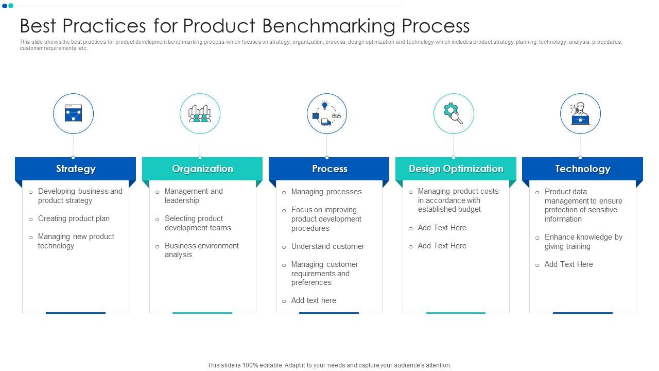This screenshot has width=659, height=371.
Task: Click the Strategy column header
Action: pyautogui.click(x=76, y=168)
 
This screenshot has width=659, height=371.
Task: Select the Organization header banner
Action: pyautogui.click(x=202, y=168)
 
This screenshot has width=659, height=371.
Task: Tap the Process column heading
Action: pyautogui.click(x=329, y=168)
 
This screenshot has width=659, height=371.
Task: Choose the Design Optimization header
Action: pyautogui.click(x=456, y=168)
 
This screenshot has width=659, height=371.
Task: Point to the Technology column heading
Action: pyautogui.click(x=582, y=168)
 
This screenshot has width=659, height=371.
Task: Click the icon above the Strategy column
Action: pyautogui.click(x=73, y=113)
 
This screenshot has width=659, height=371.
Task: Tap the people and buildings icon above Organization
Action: pyautogui.click(x=200, y=113)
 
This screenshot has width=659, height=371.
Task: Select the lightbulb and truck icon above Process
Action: pyautogui.click(x=326, y=113)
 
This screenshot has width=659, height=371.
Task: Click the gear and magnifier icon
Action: pyautogui.click(x=453, y=113)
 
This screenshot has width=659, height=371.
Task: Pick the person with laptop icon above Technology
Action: pyautogui.click(x=580, y=113)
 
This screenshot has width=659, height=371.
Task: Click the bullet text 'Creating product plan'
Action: pyautogui.click(x=74, y=218)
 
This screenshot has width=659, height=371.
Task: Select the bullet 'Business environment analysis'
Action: pyautogui.click(x=201, y=250)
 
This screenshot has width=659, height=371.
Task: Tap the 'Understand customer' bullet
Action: pyautogui.click(x=327, y=246)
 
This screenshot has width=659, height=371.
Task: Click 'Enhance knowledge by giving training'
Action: pyautogui.click(x=583, y=242)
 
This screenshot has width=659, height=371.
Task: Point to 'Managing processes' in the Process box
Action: pyautogui.click(x=326, y=192)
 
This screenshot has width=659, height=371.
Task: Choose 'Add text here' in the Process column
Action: pyautogui.click(x=314, y=300)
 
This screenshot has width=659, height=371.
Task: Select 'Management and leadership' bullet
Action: pyautogui.click(x=194, y=196)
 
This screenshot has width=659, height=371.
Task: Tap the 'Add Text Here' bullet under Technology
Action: pyautogui.click(x=568, y=264)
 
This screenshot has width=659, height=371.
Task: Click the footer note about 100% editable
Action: pyautogui.click(x=329, y=365)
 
